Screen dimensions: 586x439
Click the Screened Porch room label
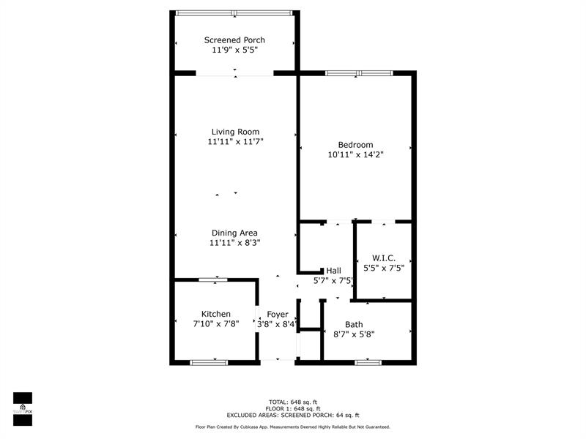(234, 40)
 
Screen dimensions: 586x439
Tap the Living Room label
(235, 132)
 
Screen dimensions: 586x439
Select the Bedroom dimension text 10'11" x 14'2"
(356, 154)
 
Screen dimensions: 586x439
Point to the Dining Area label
(234, 233)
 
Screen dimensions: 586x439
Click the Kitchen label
(216, 314)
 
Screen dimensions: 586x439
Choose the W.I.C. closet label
(384, 258)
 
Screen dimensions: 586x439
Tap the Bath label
(354, 324)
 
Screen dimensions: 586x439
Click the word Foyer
(278, 315)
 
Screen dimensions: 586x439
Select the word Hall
(334, 271)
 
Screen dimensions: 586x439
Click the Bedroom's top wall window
(359, 73)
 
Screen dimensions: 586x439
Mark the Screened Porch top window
(234, 13)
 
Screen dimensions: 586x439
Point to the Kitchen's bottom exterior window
(209, 362)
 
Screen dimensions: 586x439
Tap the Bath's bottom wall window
(368, 362)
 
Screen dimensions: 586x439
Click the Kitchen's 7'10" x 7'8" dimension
(216, 324)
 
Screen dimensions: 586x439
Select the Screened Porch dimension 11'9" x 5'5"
(234, 50)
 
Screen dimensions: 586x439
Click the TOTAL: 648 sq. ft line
(293, 402)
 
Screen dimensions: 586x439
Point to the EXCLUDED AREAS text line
(293, 415)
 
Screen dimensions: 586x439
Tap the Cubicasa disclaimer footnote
(293, 427)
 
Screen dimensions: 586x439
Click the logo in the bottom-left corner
(23, 409)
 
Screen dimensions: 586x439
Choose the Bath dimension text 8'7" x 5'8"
(354, 334)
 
